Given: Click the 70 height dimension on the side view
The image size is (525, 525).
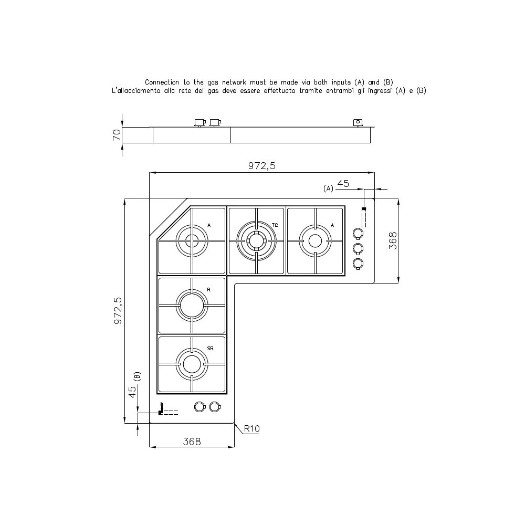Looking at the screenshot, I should coord(116,135).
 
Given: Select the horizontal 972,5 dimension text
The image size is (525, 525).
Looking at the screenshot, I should coord(261,166).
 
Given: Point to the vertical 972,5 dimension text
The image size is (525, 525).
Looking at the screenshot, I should coord(118,310).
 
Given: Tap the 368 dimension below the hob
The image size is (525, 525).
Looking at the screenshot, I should coord(192,442).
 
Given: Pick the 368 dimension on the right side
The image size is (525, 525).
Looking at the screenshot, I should coord(393,240).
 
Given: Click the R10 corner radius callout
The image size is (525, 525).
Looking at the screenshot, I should coord(251,429).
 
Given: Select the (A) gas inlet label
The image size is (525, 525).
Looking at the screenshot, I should coord(329,188).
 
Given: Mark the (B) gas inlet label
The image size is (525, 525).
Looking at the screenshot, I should coord(137,376).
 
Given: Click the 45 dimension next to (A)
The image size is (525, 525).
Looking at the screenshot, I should coord(343,184).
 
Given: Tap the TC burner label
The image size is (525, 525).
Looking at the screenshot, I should coord(275,225).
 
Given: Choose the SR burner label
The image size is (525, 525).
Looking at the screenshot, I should coord(210,348).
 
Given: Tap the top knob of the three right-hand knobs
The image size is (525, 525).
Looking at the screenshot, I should coord(358,233).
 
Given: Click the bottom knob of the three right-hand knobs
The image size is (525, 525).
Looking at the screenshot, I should coord(358,263).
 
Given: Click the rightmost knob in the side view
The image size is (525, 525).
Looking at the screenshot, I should coord(357,123).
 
